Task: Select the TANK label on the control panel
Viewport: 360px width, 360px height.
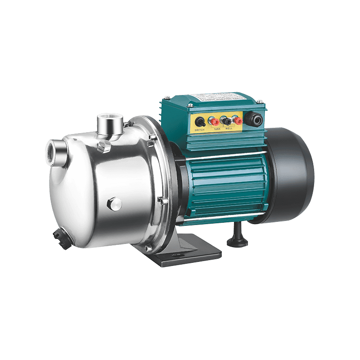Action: [x=217, y=129]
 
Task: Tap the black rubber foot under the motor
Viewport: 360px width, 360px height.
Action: [x=237, y=238]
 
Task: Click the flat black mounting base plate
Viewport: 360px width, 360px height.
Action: [x=189, y=256]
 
